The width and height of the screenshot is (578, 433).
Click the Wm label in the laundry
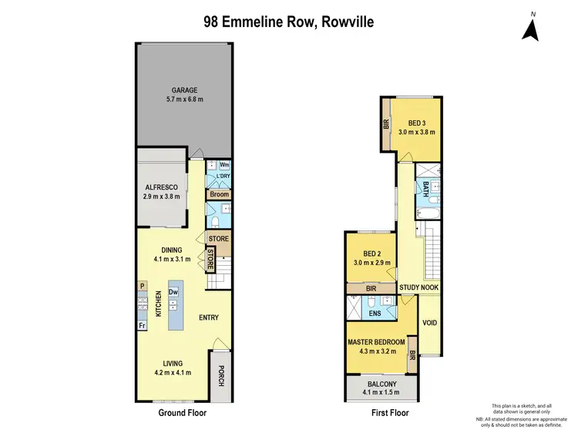coord(224,165)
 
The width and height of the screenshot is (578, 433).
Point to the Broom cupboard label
coord(219,195)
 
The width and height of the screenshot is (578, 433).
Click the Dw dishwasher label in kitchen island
coord(173,292)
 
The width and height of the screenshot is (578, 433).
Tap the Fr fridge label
coord(142,326)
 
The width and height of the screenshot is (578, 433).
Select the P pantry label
coord(142,286)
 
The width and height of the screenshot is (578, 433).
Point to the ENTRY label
coord(209,317)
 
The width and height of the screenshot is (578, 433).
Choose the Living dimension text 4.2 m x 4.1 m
coord(172,373)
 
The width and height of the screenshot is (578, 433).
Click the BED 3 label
coord(417,123)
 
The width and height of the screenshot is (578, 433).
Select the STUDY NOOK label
coord(418,287)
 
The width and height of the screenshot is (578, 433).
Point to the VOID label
coord(430,323)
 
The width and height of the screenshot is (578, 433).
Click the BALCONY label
coord(381,384)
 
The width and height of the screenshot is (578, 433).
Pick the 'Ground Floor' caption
coord(182,413)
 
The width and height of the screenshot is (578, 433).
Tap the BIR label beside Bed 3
coord(386,124)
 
